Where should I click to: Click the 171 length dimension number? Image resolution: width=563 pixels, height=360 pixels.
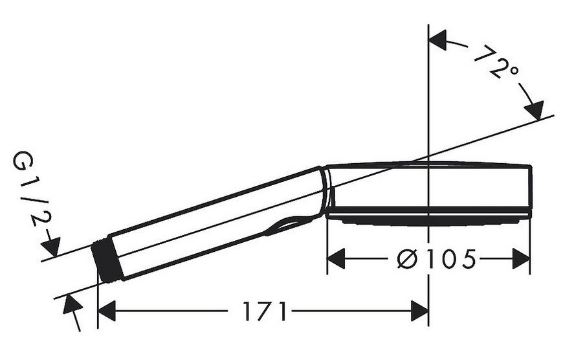pos(265,311)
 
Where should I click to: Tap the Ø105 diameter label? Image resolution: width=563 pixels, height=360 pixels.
pos(437,259)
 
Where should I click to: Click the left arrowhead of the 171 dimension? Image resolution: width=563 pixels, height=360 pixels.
pos(107,311)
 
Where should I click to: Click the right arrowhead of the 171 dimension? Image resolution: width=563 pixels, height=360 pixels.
pos(419,311)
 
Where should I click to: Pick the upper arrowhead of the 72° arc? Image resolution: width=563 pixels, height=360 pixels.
pos(437,39)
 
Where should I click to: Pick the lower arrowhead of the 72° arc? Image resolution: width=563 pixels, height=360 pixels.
pos(534,110)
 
